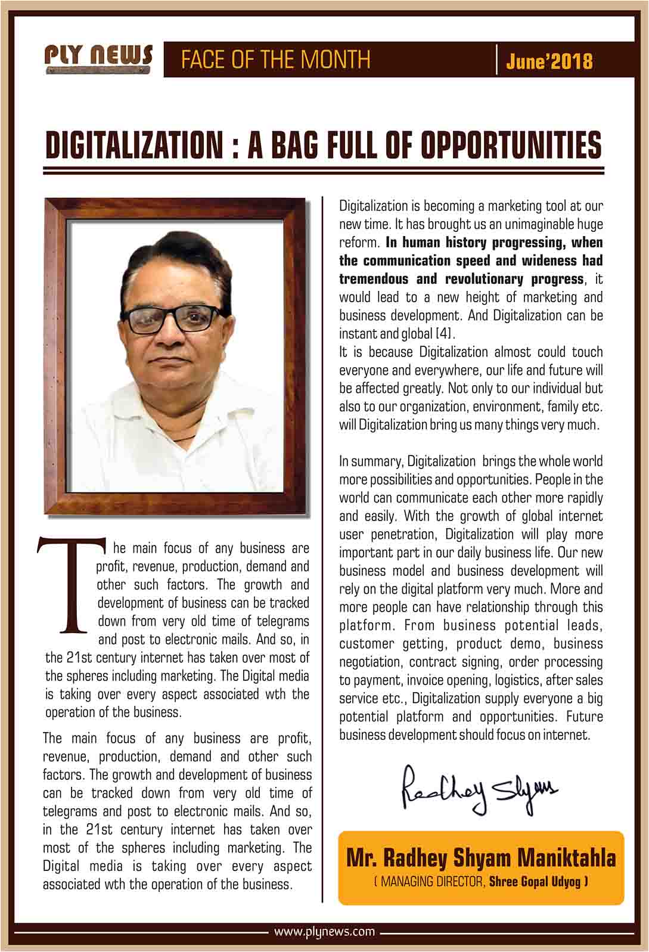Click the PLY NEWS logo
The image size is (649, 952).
click(98, 58)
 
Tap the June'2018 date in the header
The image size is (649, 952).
click(549, 61)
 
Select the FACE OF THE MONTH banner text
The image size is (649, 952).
click(275, 60)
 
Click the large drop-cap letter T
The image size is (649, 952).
click(70, 585)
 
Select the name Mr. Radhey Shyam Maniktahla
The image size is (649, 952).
click(481, 858)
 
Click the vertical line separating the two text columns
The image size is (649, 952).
click(322, 537)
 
